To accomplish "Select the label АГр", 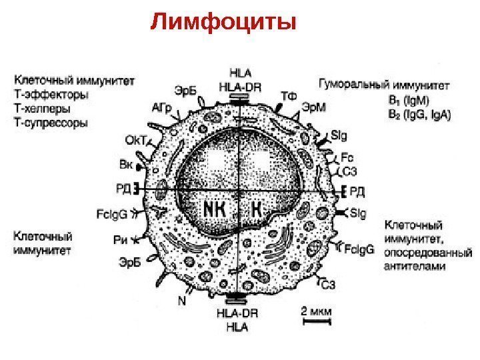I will click(163, 107).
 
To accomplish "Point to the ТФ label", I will click(288, 96).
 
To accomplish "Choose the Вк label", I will click(125, 163).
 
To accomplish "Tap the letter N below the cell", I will click(181, 301).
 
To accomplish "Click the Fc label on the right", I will click(347, 159).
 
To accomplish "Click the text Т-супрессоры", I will click(51, 123).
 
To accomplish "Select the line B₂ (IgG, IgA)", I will click(419, 114).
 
